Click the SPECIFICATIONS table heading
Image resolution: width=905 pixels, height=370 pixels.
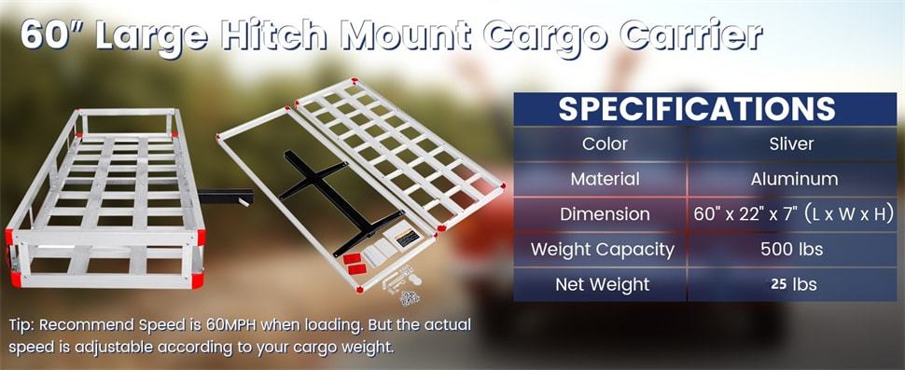pyautogui.click(x=696, y=108)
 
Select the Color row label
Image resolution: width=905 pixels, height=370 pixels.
pyautogui.click(x=605, y=144)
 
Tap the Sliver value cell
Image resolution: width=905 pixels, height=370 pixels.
pyautogui.click(x=793, y=144)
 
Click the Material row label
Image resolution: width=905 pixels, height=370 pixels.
pyautogui.click(x=605, y=178)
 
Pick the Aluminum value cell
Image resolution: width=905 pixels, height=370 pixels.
pyautogui.click(x=793, y=178)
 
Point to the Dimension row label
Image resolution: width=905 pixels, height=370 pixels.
pyautogui.click(x=605, y=213)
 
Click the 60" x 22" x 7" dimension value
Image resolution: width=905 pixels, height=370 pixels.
pyautogui.click(x=793, y=214)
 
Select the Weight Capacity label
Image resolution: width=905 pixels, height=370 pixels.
pyautogui.click(x=602, y=249)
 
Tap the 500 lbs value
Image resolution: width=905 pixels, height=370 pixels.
pyautogui.click(x=793, y=249)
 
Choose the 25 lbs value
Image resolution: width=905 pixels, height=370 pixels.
pyautogui.click(x=793, y=283)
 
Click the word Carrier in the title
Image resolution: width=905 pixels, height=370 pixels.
pyautogui.click(x=695, y=36)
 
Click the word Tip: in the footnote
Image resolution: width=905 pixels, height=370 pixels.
pyautogui.click(x=22, y=325)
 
